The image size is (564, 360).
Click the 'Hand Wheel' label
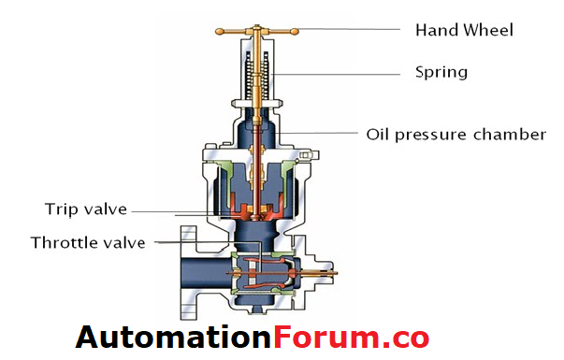(464, 30)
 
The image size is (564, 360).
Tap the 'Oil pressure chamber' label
(455, 134)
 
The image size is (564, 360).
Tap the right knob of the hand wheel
(298, 31)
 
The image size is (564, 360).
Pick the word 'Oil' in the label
(376, 134)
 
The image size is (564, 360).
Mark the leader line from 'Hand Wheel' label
(355, 30)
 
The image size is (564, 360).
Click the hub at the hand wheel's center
(258, 31)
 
